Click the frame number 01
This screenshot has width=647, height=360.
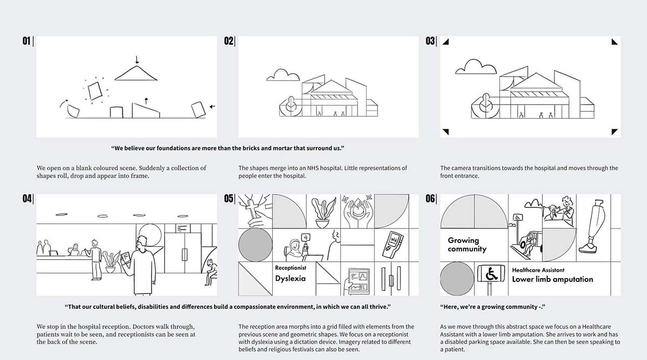point(26,41)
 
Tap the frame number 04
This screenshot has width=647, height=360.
point(27,199)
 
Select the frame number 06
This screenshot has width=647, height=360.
point(430,199)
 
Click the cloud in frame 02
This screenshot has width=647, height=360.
point(283,75)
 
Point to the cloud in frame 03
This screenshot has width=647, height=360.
point(475,67)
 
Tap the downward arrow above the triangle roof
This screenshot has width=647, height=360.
point(137,59)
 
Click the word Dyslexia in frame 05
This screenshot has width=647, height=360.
point(290,279)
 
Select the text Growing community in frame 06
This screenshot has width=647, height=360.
point(466,245)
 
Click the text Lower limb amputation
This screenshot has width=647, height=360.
point(552,279)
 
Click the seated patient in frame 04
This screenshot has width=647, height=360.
point(210,272)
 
